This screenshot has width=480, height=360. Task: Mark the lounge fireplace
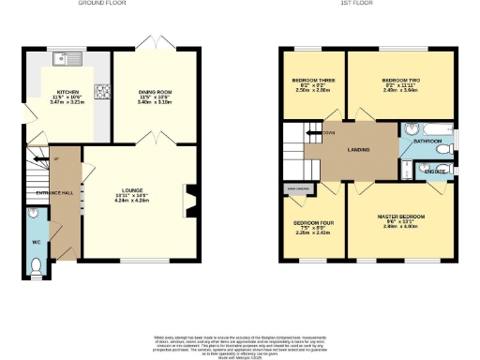pos(192,199)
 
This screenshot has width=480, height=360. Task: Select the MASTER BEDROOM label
pos(397,217)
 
